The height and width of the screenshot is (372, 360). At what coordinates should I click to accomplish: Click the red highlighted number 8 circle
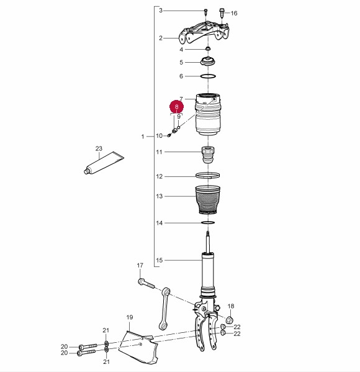[x=176, y=107]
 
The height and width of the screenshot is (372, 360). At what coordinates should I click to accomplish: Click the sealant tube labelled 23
[x=104, y=163]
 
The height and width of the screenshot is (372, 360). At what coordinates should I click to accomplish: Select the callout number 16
[x=234, y=13]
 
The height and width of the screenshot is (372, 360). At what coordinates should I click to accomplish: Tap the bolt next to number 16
[x=222, y=12]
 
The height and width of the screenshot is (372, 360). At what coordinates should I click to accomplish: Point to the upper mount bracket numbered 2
[x=204, y=33]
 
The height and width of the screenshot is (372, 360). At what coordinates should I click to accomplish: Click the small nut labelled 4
[x=208, y=48]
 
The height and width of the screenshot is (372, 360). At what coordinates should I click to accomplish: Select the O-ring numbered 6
[x=208, y=76]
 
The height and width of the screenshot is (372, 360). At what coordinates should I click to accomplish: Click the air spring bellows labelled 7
[x=208, y=115]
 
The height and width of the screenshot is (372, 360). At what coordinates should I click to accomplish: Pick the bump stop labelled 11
[x=208, y=155]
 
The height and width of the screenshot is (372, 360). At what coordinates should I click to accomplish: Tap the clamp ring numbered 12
[x=207, y=176]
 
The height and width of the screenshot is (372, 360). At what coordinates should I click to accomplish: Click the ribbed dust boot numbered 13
[x=208, y=200]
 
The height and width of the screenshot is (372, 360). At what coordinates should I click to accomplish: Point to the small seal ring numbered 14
[x=208, y=223]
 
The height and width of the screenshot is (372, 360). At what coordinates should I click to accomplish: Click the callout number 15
[x=160, y=260]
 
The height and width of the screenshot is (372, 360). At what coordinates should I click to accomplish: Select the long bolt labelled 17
[x=146, y=283]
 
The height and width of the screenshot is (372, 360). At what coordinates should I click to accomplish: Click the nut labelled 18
[x=230, y=320]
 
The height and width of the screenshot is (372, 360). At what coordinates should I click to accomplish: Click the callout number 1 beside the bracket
[x=143, y=137]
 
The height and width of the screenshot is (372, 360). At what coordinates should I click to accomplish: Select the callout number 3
[x=161, y=11]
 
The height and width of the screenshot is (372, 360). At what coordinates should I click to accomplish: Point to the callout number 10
[x=159, y=136]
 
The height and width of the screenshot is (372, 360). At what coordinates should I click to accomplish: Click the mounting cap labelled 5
[x=208, y=61]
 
